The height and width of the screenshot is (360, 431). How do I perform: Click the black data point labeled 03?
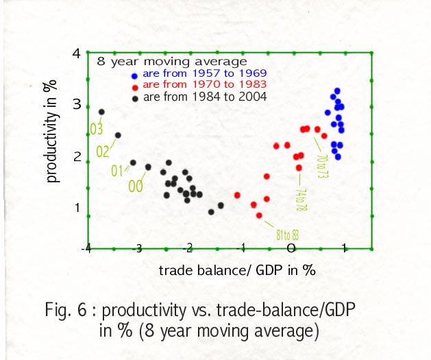click(x=101, y=112)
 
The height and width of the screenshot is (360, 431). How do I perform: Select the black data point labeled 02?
click(x=118, y=135)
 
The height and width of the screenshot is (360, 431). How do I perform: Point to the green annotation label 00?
click(x=136, y=185)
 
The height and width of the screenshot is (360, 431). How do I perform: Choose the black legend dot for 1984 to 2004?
click(x=136, y=98)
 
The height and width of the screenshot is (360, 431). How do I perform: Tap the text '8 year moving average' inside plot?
click(x=171, y=60)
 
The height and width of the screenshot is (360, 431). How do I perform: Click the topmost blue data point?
click(x=337, y=91)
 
